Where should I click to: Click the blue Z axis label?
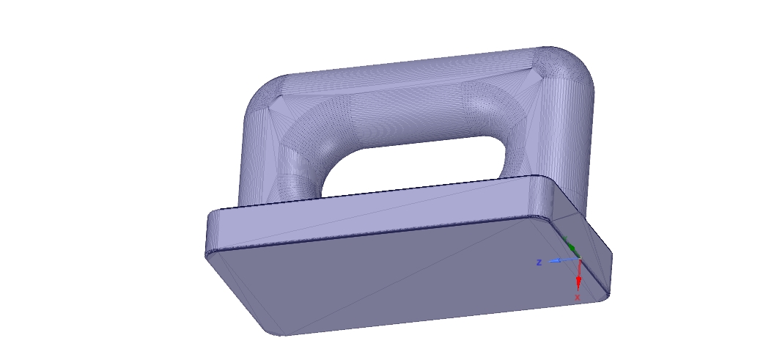pyautogui.click(x=539, y=262)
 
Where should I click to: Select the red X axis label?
pyautogui.click(x=578, y=297)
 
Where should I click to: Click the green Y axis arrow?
pyautogui.click(x=570, y=246)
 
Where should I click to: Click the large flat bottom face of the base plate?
pyautogui.click(x=410, y=279)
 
